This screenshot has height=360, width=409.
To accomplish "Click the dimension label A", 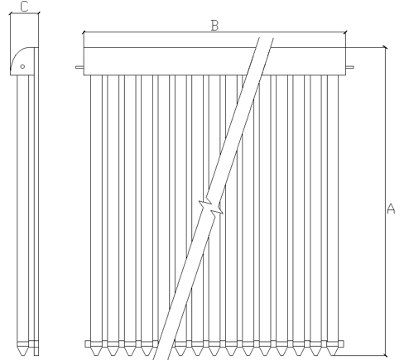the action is coord(391,209).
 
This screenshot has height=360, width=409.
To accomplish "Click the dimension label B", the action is coord(214,26).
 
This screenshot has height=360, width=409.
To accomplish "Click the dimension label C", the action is coord(24,7).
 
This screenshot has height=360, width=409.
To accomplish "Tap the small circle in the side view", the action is coord(22,66).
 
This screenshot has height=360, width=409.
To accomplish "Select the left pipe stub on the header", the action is coord(79,67).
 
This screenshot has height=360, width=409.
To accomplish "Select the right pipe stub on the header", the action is coord(349,67).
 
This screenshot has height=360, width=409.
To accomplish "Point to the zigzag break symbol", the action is coord(211,207).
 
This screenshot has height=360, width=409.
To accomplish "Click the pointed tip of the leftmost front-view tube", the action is coord(96,355).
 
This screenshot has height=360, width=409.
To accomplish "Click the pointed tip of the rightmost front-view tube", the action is coord(333,355).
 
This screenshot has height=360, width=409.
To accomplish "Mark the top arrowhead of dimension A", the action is coord(386,47).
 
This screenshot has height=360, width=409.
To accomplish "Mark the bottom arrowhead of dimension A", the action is coord(386,356).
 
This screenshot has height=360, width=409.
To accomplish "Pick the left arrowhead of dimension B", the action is coord(84,32).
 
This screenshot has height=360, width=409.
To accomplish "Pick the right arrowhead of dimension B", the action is coord(345,32).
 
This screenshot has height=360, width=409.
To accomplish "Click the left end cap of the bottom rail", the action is coord(88,343).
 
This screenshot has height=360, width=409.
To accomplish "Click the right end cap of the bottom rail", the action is coord(341,343).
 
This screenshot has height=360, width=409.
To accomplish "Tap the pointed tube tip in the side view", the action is coord(22,355).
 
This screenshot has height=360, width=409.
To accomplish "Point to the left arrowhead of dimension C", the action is coord(11,13).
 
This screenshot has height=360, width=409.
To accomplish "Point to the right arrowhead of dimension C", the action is coord(38,13).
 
